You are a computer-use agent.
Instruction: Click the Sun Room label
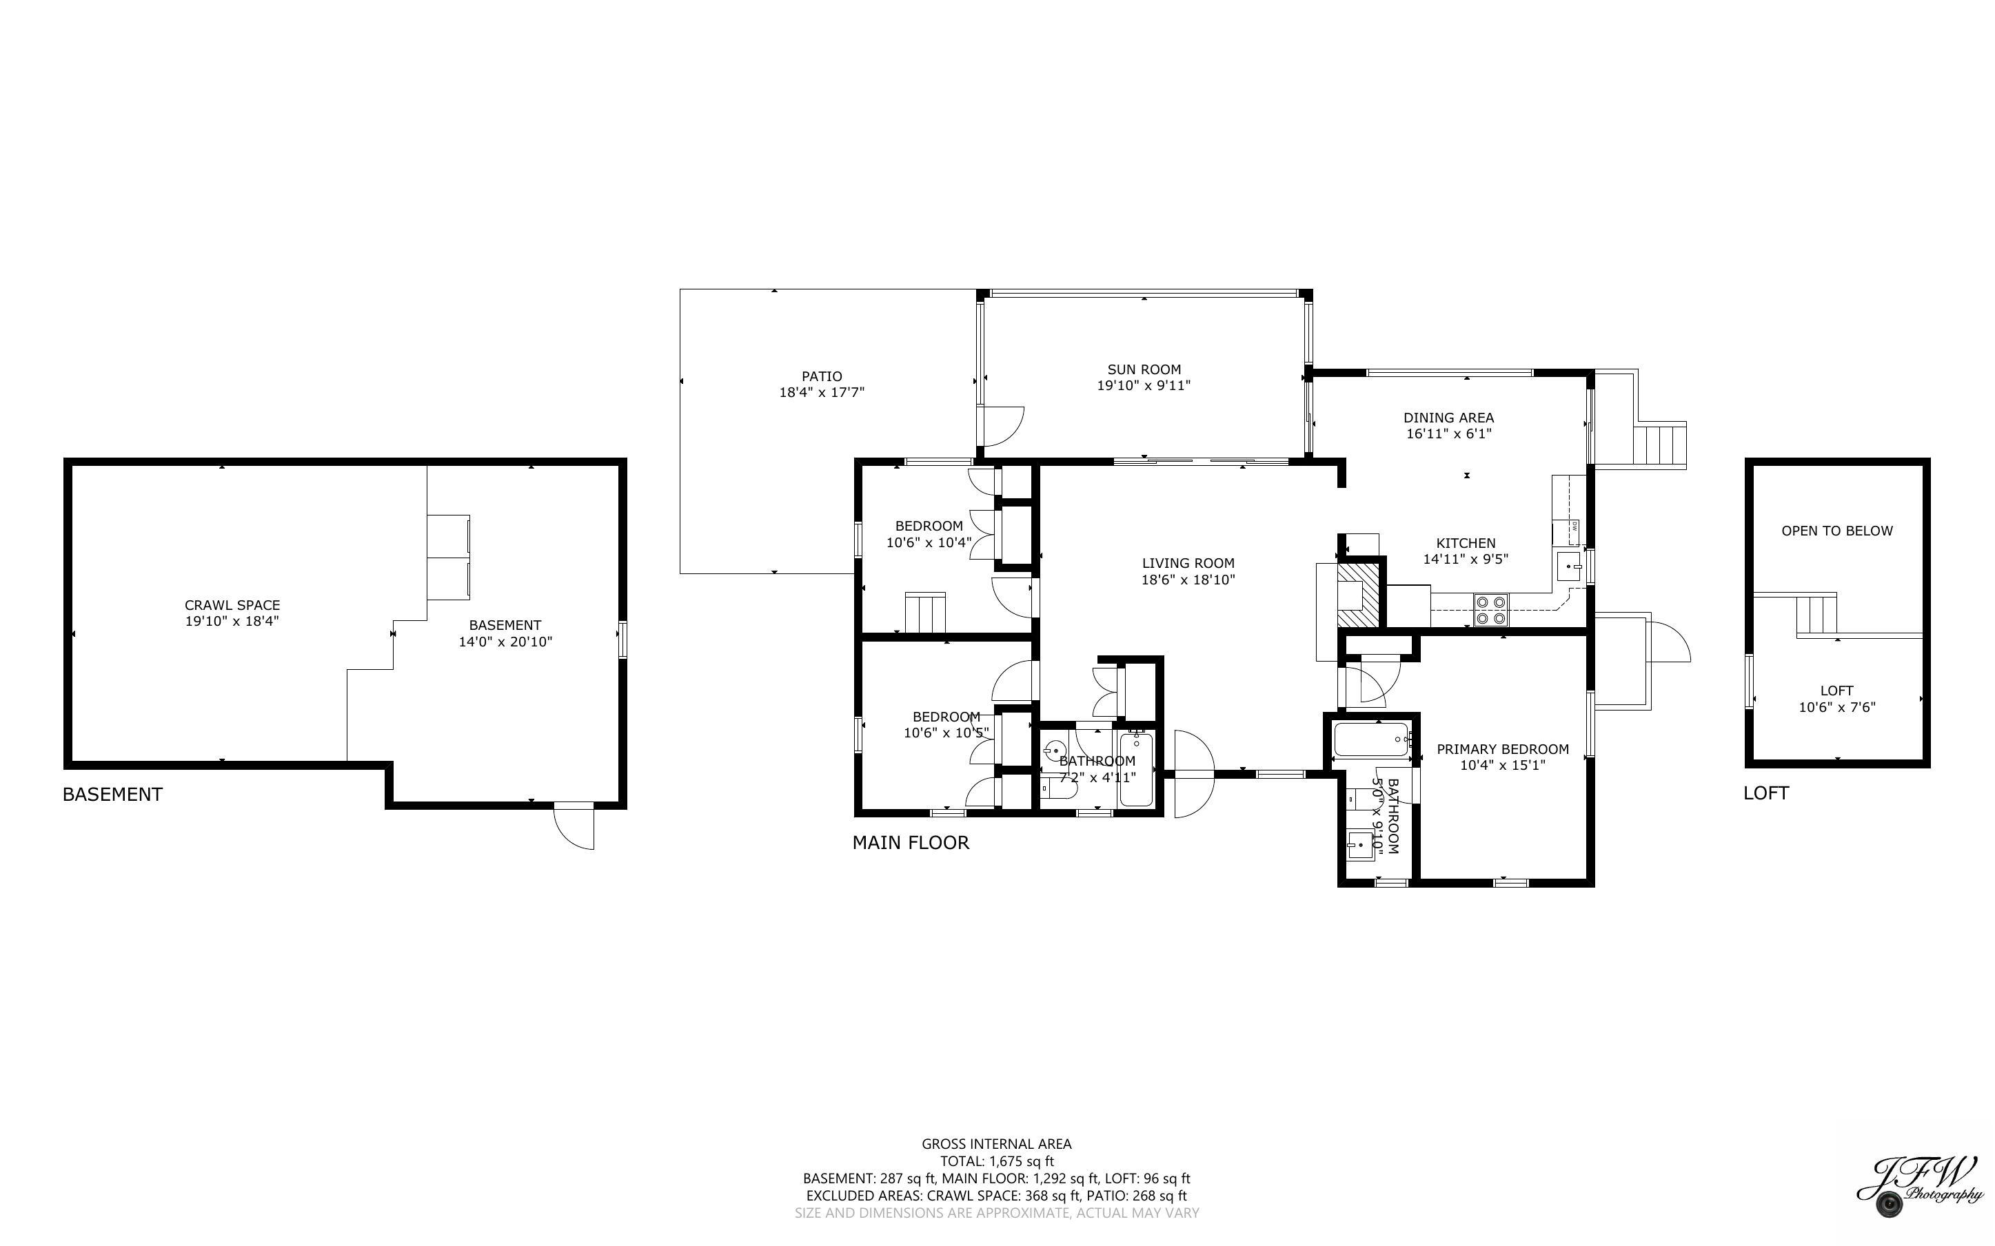point(1144,370)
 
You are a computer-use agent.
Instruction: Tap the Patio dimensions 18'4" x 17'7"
point(822,392)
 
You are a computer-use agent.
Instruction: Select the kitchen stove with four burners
point(1490,610)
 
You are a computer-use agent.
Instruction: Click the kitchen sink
point(1568,567)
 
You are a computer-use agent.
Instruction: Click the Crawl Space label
point(232,605)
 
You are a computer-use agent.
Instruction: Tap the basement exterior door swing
point(575,826)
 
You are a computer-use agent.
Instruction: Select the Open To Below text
point(1836,531)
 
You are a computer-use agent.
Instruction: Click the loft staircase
point(1816,614)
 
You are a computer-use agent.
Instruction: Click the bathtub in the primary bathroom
point(1370,739)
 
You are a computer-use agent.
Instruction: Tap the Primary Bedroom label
point(1502,749)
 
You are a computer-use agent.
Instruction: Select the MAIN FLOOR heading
point(911,842)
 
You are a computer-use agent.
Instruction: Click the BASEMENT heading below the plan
point(113,795)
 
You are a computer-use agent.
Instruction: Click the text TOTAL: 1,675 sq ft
point(996,1161)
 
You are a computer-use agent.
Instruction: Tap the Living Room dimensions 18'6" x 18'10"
point(1188,580)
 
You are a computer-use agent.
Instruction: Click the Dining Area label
point(1448,418)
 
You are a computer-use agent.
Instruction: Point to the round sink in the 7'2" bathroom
point(1054,750)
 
